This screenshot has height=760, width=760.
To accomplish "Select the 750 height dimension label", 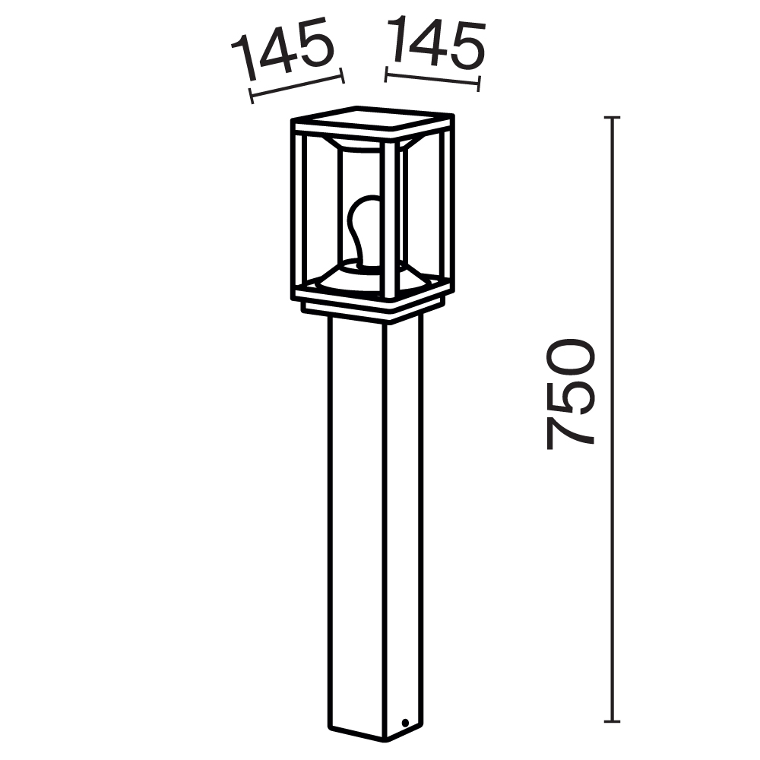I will [x=570, y=393].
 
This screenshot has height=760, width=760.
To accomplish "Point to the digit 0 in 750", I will [x=570, y=357].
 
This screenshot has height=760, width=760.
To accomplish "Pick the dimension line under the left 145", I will [x=296, y=85].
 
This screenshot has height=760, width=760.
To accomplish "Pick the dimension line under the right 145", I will [x=432, y=81].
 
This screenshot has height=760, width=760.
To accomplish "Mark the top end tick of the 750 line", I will [x=613, y=118].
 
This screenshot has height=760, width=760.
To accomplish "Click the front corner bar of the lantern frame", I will [x=389, y=220].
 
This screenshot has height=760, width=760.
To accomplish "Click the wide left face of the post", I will [x=356, y=524].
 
